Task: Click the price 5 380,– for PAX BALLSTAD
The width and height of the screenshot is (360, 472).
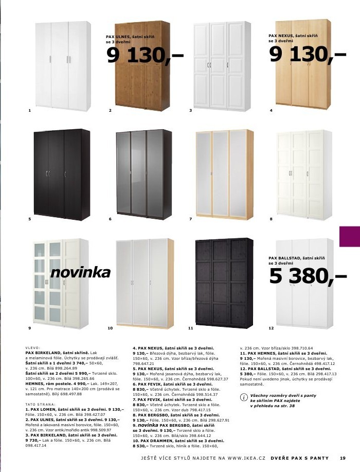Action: tap(308, 278)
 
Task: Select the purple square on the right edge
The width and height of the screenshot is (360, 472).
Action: tap(350, 237)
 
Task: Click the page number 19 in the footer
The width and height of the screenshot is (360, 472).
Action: tap(343, 459)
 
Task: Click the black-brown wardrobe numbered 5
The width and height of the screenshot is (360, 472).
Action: tap(62, 174)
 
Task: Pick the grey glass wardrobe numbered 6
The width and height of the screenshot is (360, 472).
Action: tap(141, 174)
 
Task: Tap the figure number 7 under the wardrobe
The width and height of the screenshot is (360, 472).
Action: tap(190, 219)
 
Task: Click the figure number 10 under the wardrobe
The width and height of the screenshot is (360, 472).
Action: tap(110, 328)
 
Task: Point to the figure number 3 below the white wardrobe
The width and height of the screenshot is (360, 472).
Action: tap(190, 111)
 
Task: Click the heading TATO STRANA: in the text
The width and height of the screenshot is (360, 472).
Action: tap(39, 405)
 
